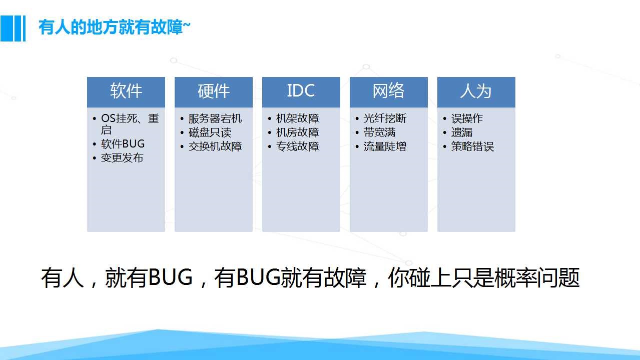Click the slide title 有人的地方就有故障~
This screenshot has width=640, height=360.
pyautogui.click(x=114, y=27)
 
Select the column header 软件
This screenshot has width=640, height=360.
pyautogui.click(x=126, y=91)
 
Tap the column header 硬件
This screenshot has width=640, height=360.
pyautogui.click(x=214, y=91)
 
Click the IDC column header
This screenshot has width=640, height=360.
pyautogui.click(x=301, y=91)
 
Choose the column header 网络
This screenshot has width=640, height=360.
pyautogui.click(x=389, y=91)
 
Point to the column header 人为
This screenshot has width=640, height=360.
pyautogui.click(x=476, y=91)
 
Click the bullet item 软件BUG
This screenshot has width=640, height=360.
pyautogui.click(x=123, y=143)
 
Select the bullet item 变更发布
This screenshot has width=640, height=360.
pyautogui.click(x=122, y=158)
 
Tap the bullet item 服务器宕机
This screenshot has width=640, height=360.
pyautogui.click(x=215, y=118)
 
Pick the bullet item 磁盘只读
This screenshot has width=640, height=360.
pyautogui.click(x=210, y=132)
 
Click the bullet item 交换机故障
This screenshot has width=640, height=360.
pyautogui.click(x=215, y=146)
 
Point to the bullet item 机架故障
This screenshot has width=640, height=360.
pyautogui.click(x=297, y=118)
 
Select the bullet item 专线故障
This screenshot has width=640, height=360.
pyautogui.click(x=297, y=146)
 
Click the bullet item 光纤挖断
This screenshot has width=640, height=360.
pyautogui.click(x=385, y=118)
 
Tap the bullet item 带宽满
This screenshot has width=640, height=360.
pyautogui.click(x=379, y=132)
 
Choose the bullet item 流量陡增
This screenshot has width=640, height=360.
pyautogui.click(x=385, y=146)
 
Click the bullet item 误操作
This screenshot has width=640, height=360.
pyautogui.click(x=467, y=118)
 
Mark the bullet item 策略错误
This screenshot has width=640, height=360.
pyautogui.click(x=472, y=146)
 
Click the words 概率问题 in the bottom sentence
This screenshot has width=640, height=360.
pyautogui.click(x=537, y=277)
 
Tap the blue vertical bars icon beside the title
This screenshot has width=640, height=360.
pyautogui.click(x=13, y=28)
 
